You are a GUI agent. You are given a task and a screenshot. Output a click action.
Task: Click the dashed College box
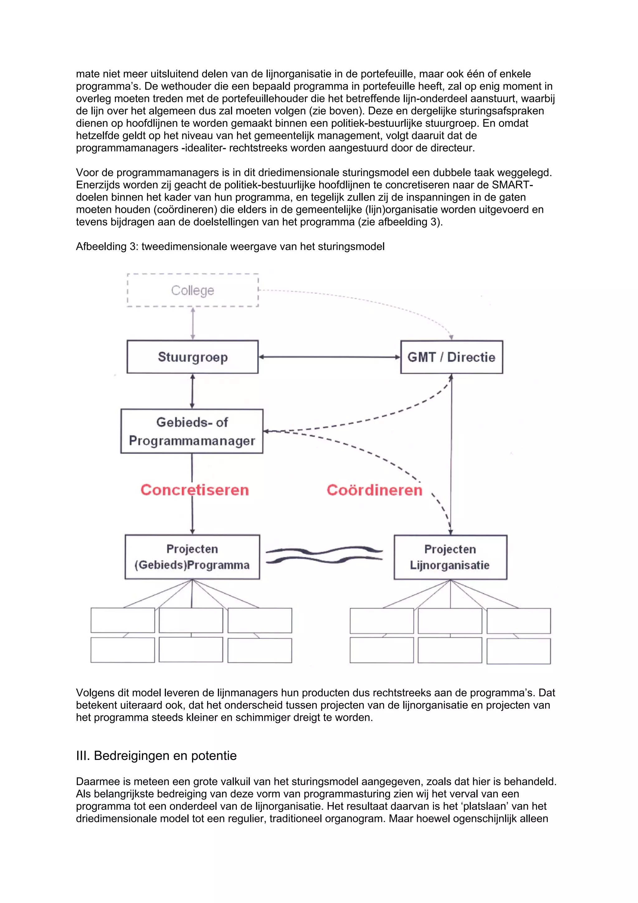[193, 290]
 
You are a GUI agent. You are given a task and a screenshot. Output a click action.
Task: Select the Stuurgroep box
[193, 357]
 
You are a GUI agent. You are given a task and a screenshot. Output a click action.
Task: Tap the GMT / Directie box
[451, 357]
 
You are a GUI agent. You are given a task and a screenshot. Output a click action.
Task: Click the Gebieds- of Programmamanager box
[192, 431]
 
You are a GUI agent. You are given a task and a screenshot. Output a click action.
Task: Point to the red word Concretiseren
[195, 490]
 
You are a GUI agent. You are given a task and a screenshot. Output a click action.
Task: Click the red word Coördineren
[374, 490]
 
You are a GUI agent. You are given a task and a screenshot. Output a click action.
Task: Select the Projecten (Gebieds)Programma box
[192, 557]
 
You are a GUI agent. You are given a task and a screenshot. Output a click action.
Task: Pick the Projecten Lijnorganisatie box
[450, 557]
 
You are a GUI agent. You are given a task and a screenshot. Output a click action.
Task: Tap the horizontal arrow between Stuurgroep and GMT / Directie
[329, 357]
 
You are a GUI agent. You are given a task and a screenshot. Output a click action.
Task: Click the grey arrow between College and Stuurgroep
[193, 323]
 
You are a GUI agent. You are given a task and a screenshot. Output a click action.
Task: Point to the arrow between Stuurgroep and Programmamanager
[192, 391]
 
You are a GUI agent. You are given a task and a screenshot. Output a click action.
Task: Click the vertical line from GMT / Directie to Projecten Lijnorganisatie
[451, 452]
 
